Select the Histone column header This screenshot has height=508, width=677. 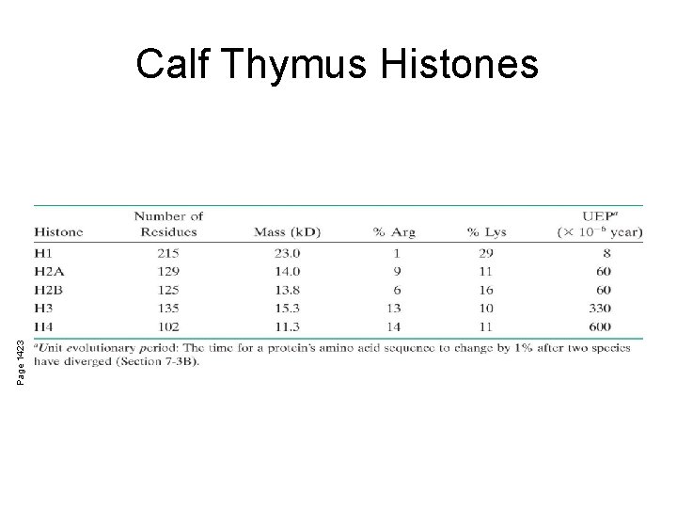(x=58, y=231)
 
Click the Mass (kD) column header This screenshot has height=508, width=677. (x=288, y=231)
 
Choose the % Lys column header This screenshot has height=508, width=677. (x=486, y=231)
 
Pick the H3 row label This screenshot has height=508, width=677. (x=44, y=309)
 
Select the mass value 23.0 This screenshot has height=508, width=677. (x=287, y=252)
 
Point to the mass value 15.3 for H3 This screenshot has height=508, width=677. (x=287, y=309)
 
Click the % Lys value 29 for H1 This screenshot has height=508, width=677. (x=486, y=252)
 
